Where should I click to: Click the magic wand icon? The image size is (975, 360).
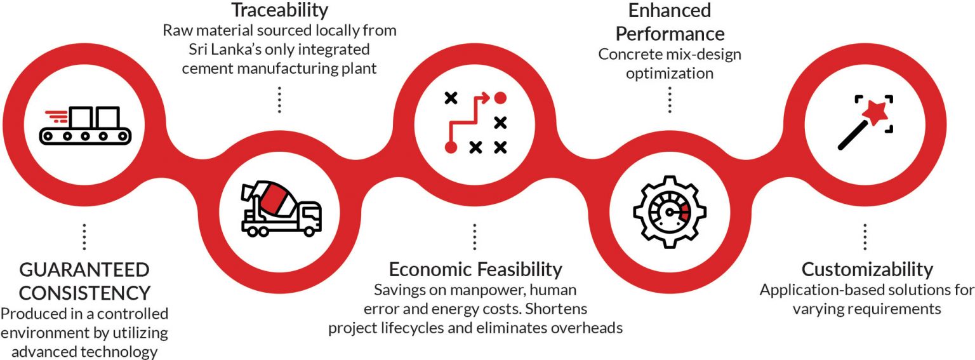pyautogui.click(x=865, y=123)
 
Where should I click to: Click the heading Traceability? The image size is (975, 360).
pyautogui.click(x=279, y=10)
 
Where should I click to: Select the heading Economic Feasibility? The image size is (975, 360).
pyautogui.click(x=475, y=269)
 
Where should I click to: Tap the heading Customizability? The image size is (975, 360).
pyautogui.click(x=867, y=269)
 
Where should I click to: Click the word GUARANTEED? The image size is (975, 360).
pyautogui.click(x=84, y=270)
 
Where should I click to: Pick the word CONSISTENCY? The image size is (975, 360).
pyautogui.click(x=84, y=293)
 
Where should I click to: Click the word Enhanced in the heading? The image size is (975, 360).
pyautogui.click(x=670, y=10)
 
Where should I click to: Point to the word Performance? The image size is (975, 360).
pyautogui.click(x=670, y=32)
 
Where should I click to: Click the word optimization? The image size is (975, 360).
pyautogui.click(x=670, y=74)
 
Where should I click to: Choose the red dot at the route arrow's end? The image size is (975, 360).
pyautogui.click(x=500, y=98)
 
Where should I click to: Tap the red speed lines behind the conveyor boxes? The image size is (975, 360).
pyautogui.click(x=56, y=116)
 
